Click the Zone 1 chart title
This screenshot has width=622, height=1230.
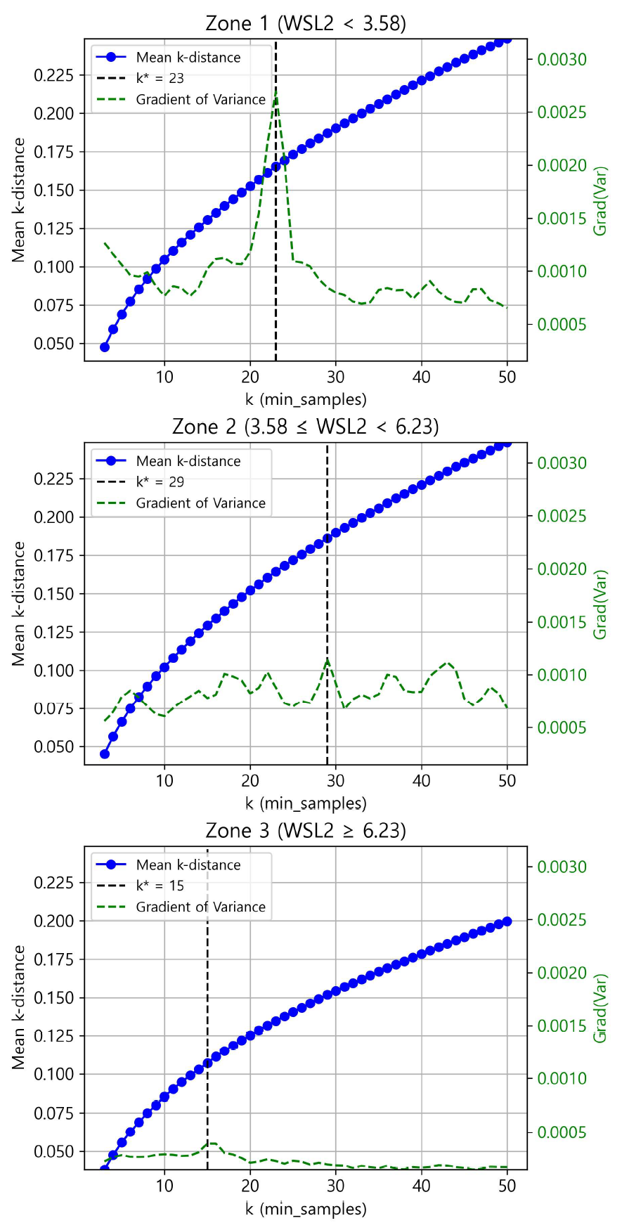(306, 23)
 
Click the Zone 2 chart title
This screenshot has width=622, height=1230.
(306, 427)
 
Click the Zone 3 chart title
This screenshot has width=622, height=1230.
(306, 831)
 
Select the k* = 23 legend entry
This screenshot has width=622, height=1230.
(160, 78)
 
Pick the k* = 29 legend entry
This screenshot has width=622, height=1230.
(160, 482)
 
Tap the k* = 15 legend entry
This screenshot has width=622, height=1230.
(160, 886)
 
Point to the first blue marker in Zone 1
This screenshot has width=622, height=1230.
(105, 347)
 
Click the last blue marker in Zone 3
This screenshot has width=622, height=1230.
(507, 921)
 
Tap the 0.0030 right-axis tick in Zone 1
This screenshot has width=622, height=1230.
(562, 60)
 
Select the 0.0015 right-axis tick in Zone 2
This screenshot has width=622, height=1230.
(562, 622)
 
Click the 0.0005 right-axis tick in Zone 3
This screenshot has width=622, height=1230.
(562, 1132)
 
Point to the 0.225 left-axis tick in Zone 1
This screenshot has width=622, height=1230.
(53, 75)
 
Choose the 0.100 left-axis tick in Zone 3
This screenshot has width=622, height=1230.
(53, 1075)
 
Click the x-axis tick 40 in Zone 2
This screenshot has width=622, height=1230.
(422, 781)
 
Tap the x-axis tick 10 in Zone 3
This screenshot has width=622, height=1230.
(164, 1185)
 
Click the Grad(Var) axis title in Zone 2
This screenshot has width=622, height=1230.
(600, 604)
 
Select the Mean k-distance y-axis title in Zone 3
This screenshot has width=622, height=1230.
(18, 1007)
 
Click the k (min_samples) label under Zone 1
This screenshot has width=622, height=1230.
(306, 400)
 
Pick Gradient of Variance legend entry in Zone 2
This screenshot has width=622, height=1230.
(200, 503)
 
